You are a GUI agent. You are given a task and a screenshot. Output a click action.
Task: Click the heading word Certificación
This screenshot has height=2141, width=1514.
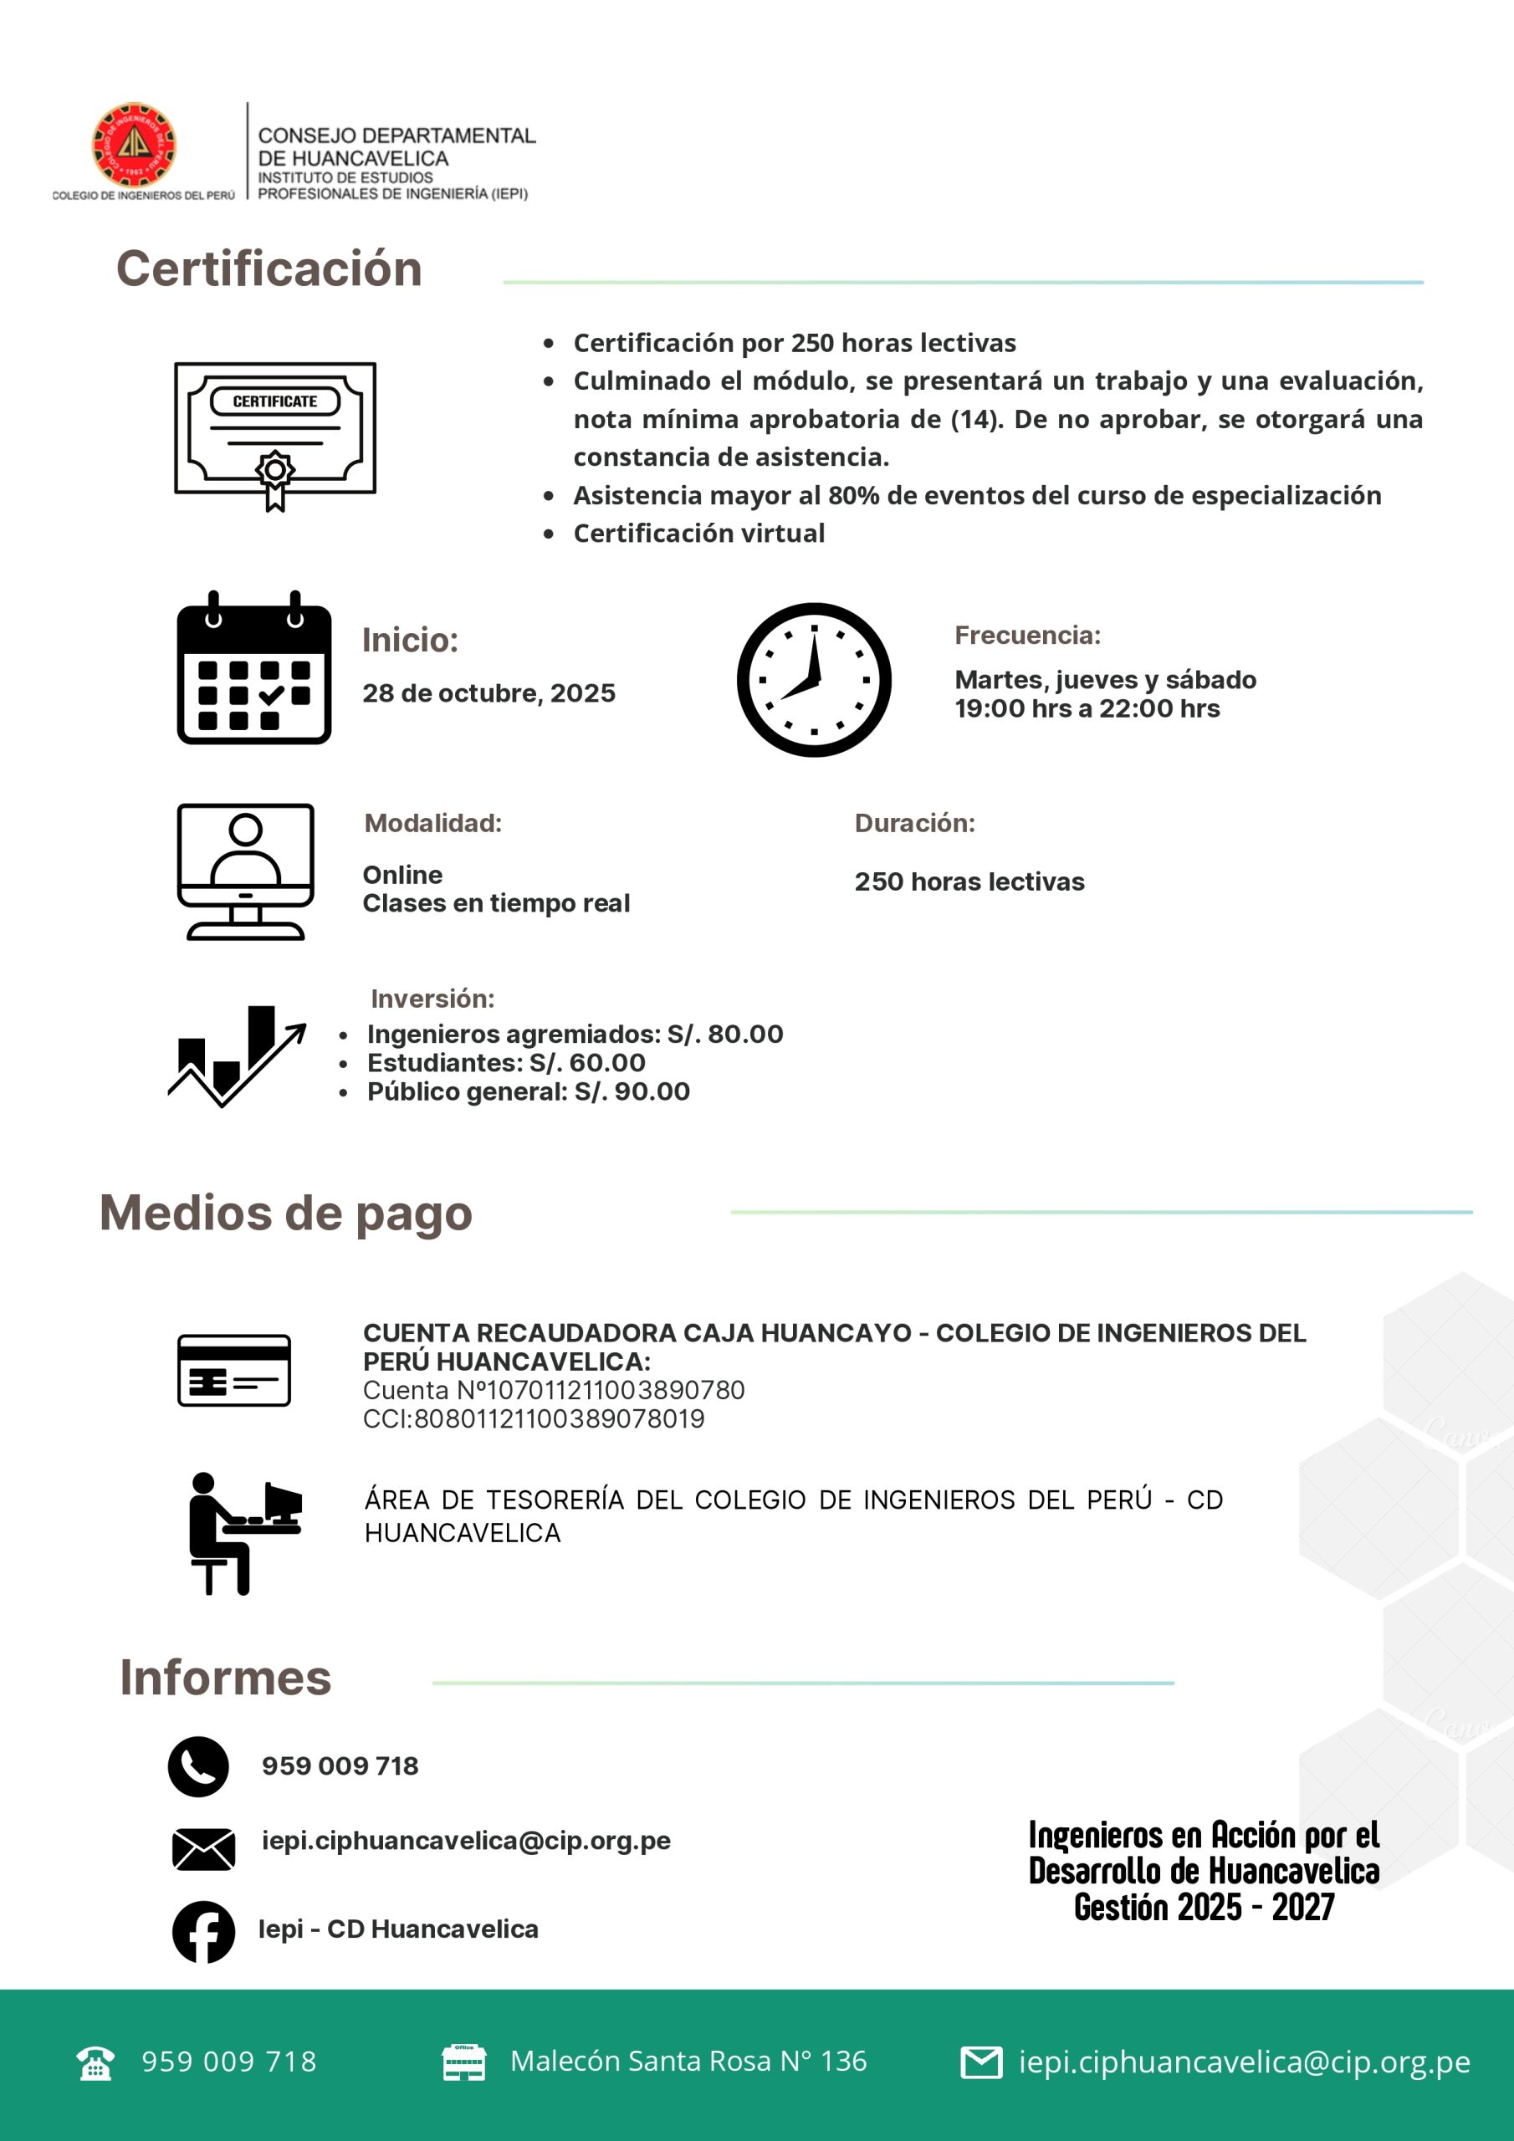[x=269, y=268]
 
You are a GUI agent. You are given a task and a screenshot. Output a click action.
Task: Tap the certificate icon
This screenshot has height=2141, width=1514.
[x=275, y=433]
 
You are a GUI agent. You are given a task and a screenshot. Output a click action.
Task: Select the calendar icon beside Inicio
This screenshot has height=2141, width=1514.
[x=253, y=668]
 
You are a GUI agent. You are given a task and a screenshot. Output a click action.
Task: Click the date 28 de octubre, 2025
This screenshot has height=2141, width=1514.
[x=488, y=692]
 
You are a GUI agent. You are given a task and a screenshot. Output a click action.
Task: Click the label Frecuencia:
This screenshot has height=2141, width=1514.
[x=1027, y=635]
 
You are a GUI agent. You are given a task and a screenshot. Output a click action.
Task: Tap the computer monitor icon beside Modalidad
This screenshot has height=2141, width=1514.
[x=245, y=871]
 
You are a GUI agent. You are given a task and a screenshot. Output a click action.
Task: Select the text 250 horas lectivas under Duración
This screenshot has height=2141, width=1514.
[x=969, y=881]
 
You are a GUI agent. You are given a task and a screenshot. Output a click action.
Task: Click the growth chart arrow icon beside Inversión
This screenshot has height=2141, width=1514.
[x=238, y=1055]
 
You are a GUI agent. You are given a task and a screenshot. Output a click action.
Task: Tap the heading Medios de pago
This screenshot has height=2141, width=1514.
[x=285, y=1214]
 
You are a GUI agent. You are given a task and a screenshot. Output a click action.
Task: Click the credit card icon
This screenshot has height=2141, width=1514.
[x=234, y=1370]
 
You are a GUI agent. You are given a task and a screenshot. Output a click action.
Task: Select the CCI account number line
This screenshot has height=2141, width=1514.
[x=534, y=1418]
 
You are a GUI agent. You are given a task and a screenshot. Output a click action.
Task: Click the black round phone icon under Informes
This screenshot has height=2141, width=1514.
[x=197, y=1766]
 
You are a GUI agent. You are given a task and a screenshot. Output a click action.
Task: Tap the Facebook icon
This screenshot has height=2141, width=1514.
[x=203, y=1932]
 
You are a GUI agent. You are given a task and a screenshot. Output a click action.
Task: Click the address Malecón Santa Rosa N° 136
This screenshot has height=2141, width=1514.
[x=688, y=2062]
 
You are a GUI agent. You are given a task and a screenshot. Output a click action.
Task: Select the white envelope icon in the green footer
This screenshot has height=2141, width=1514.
[x=981, y=2062]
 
